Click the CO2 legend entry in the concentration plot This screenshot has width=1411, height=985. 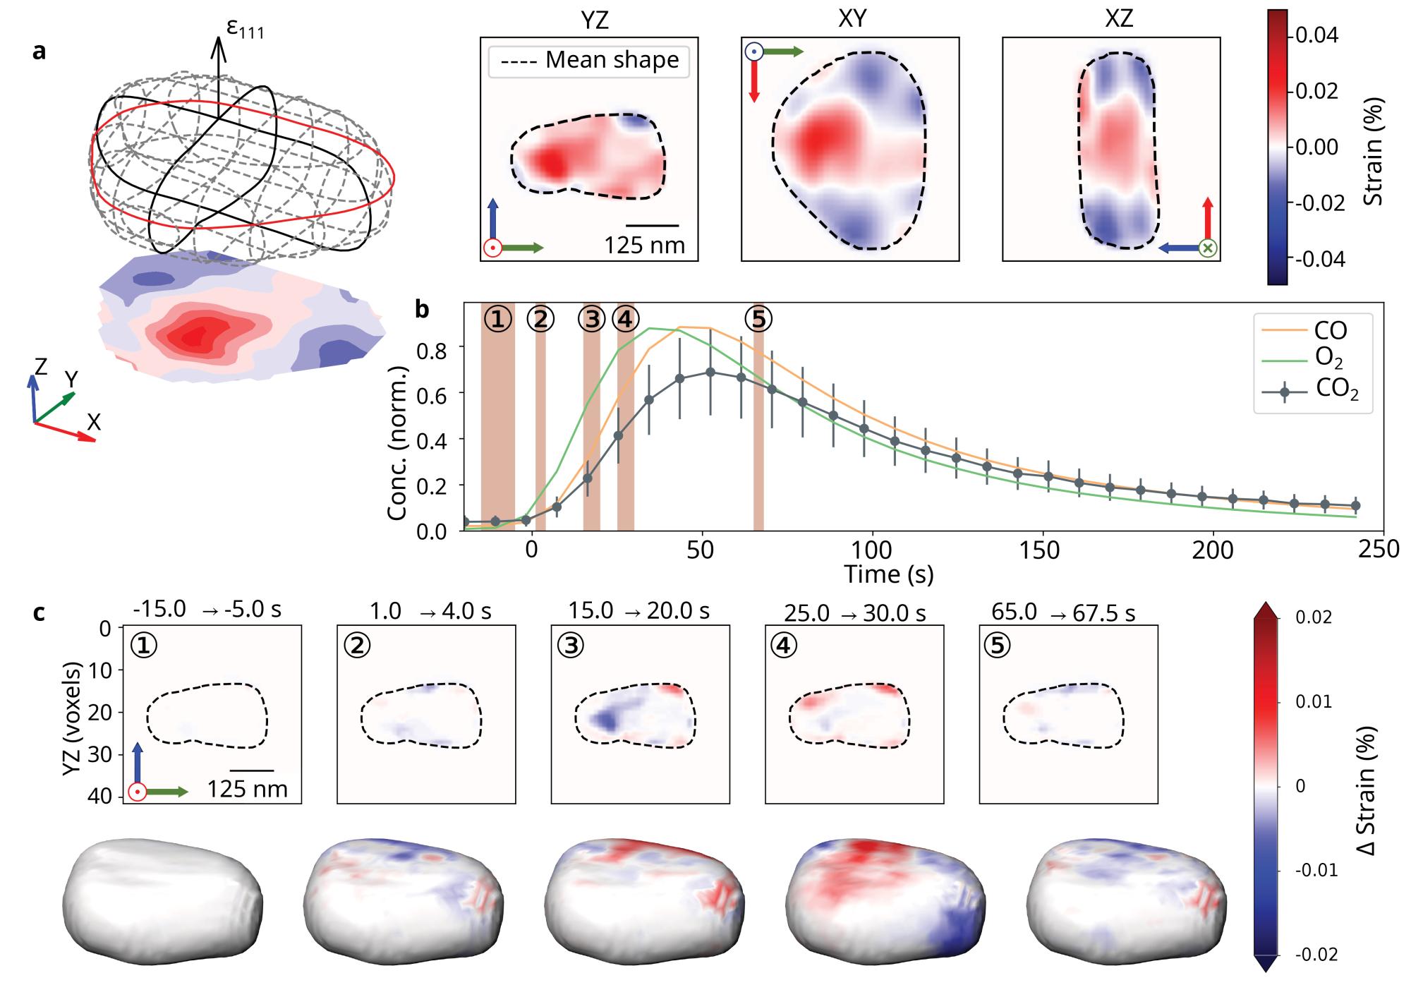coord(1336,390)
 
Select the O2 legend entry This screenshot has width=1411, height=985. coord(1329,359)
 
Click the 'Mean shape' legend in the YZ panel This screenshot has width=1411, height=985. coord(588,61)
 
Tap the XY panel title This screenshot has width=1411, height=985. coord(852,19)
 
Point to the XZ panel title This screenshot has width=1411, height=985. coord(1118,19)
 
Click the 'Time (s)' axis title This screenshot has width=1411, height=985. coord(889,574)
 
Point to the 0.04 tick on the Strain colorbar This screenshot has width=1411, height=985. coord(1317,35)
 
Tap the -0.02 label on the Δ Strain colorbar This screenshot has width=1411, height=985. coord(1316,955)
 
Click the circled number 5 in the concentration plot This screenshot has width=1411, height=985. coord(758,320)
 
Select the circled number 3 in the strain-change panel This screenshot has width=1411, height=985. coord(571,646)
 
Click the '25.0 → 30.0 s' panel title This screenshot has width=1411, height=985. coord(854,612)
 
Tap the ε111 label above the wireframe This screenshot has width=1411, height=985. coord(245,30)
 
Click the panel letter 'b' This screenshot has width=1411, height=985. coord(422,309)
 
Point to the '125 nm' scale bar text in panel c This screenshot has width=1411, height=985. coord(247,789)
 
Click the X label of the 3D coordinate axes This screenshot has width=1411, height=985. coord(94,423)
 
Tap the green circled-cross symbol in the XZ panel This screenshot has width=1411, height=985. coord(1209,248)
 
